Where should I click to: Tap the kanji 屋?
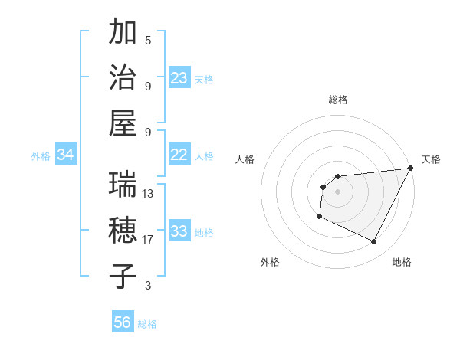click(123, 123)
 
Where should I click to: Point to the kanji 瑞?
click(123, 185)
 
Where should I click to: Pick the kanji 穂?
click(123, 231)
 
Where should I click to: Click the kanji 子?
click(123, 277)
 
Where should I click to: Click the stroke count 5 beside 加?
click(148, 40)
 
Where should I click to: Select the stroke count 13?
click(148, 194)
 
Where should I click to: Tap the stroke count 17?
click(148, 240)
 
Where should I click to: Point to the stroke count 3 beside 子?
click(148, 286)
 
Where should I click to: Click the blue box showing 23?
click(179, 78)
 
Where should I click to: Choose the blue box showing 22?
click(179, 155)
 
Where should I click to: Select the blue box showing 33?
click(179, 231)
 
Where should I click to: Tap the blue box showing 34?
click(66, 155)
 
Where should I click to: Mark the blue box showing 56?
click(123, 322)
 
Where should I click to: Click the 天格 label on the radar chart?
click(431, 159)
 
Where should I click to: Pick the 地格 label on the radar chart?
click(402, 263)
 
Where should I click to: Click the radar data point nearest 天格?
click(412, 168)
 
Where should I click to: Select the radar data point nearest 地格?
click(374, 242)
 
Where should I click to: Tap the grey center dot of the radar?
click(337, 191)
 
